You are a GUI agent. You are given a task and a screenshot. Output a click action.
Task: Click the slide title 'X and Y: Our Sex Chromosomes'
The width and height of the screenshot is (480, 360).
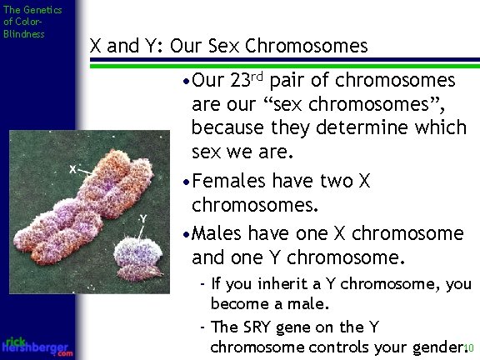pos(228,45)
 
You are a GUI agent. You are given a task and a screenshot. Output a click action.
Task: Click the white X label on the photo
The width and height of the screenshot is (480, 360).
pos(73,168)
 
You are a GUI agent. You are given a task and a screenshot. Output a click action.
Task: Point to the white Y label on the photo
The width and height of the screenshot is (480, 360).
pos(143,218)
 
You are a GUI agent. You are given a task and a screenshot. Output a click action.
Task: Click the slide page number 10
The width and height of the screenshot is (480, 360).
pos(469,348)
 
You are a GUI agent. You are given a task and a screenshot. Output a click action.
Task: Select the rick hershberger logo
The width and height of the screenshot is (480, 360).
pos(37,346)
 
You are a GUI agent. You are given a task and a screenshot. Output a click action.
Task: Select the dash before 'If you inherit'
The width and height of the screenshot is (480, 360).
pos(203,283)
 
